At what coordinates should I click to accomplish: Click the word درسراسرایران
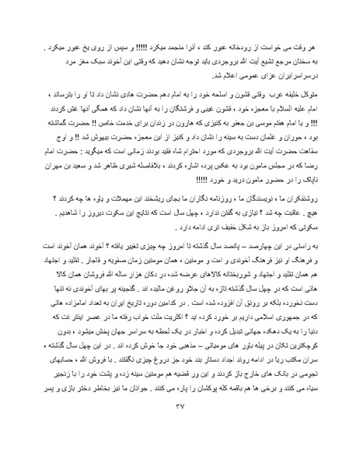click(x=304, y=62)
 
